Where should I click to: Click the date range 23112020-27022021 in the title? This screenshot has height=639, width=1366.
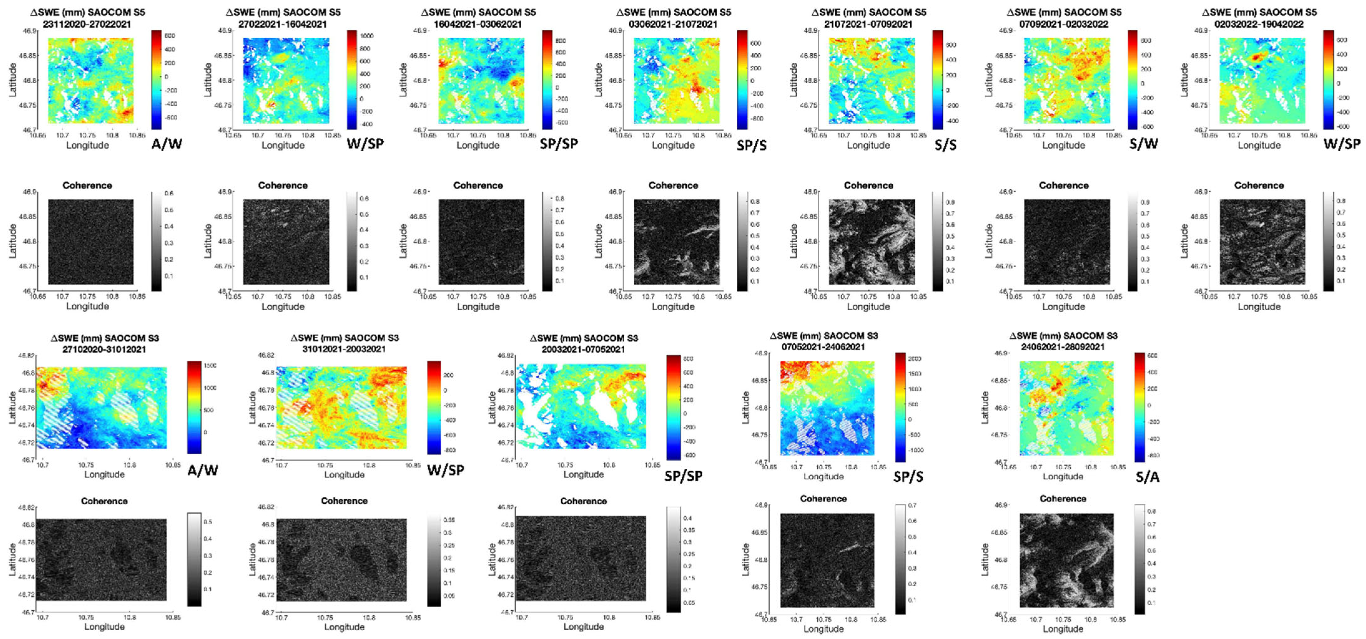tap(87, 24)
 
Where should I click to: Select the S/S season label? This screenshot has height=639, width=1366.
tap(946, 145)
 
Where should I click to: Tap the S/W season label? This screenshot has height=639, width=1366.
tap(1143, 143)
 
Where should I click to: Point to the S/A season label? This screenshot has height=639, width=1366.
tap(1147, 477)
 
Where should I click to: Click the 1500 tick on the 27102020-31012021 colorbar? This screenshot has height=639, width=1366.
tap(210, 365)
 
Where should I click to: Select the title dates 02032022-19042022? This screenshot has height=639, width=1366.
tap(1259, 24)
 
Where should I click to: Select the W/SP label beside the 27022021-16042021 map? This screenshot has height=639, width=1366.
tap(365, 143)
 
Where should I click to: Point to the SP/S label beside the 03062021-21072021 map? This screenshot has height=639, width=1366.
tap(751, 145)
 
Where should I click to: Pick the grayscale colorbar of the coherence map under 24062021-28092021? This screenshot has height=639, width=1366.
tap(1139, 559)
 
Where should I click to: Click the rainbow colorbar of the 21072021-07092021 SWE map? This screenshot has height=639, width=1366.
tap(937, 80)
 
